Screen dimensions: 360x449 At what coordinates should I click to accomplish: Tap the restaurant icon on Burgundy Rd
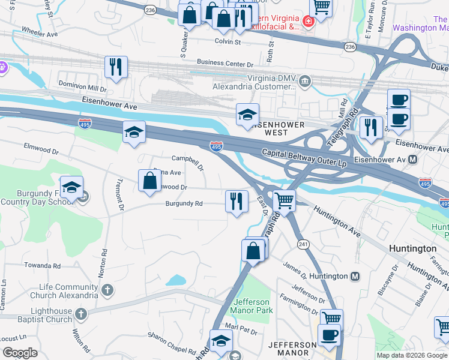coord(237,201)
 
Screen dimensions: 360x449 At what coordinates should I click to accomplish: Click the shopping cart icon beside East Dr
coord(284,201)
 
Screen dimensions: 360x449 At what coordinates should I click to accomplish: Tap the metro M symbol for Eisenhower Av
coord(413,160)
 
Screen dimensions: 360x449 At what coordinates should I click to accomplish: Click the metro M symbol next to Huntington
coord(355,276)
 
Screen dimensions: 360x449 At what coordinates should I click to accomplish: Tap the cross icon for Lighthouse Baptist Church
coord(80,314)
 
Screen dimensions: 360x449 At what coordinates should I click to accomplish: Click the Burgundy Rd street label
coord(184,203)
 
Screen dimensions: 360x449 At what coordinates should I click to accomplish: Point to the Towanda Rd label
coord(42,265)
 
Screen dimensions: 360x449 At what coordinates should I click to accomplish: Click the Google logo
coord(20,353)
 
